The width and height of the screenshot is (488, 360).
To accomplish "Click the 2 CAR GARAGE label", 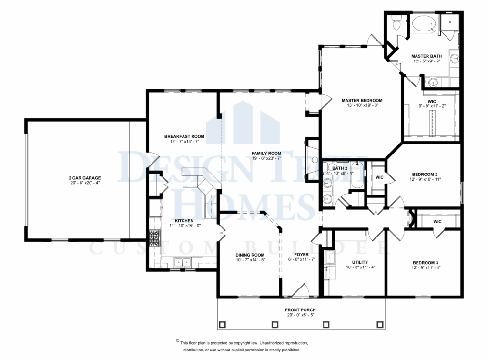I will click(x=77, y=177).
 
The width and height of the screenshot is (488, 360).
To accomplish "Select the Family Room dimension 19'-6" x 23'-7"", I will click(x=266, y=159).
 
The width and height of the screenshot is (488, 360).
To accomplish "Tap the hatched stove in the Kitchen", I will click(x=154, y=238).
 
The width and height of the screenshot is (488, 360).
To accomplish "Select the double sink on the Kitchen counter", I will click(x=182, y=262).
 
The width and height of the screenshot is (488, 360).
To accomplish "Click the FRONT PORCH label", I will click(x=301, y=310).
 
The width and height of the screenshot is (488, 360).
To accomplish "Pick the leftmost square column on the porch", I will click(x=222, y=325).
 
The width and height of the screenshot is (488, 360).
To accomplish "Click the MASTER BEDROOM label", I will click(x=362, y=100).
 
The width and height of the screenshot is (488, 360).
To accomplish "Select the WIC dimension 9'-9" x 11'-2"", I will click(x=432, y=107).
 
